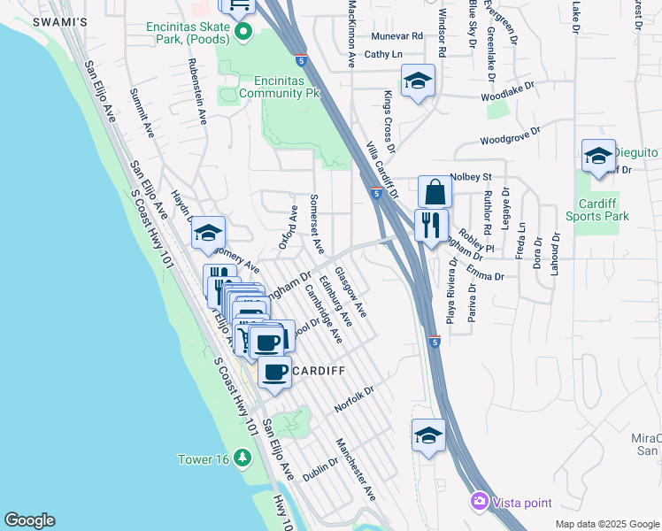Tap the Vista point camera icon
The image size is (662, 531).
pyautogui.click(x=480, y=502)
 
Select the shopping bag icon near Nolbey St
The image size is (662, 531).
pyautogui.click(x=435, y=191)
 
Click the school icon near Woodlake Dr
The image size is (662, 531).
pyautogui.click(x=418, y=81)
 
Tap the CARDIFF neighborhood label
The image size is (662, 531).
pyautogui.click(x=312, y=370)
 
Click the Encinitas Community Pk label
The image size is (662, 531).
pyautogui.click(x=278, y=84)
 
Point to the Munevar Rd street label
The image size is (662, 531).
pyautogui.click(x=397, y=36)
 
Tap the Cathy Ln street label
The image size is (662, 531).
pyautogui.click(x=383, y=54)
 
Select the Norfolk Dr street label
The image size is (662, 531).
pyautogui.click(x=355, y=401)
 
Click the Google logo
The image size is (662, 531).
pyautogui.click(x=29, y=520)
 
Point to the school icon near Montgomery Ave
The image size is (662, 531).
pyautogui.click(x=209, y=233)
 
